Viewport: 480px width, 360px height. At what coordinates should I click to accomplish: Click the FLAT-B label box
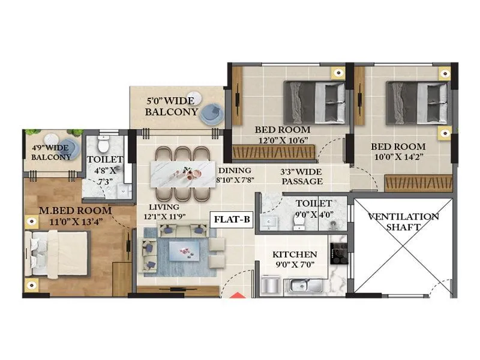pos(232,220)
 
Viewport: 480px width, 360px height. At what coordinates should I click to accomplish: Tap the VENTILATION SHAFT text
pos(403,221)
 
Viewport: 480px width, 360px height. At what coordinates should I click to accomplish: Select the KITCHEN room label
pos(295,254)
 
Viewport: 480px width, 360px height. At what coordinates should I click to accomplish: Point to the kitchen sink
pos(306,284)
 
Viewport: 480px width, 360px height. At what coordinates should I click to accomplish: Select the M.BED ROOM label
pos(75,211)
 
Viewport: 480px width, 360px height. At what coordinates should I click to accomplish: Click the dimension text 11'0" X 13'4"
pos(75,221)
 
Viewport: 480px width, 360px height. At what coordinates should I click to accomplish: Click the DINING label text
pos(235,170)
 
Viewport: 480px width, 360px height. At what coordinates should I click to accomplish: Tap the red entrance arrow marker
pos(235,295)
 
